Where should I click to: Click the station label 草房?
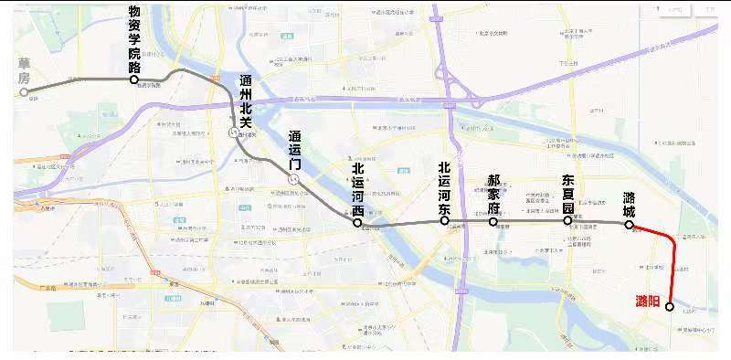click(24, 70)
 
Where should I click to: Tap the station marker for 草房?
click(25, 91)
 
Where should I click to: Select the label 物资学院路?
click(134, 40)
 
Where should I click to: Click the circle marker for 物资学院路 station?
click(134, 79)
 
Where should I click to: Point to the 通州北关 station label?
click(244, 99)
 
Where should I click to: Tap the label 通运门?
click(294, 151)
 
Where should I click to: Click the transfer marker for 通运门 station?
click(293, 180)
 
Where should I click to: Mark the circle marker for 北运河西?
click(357, 222)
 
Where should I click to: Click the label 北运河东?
click(445, 188)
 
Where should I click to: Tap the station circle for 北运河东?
click(445, 221)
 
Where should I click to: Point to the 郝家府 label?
click(493, 193)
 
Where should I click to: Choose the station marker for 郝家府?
click(493, 221)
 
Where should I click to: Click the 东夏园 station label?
click(567, 193)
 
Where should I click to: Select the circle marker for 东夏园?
click(567, 220)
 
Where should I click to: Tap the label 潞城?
click(630, 202)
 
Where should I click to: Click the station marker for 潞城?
click(630, 224)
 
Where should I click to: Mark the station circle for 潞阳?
click(670, 307)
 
